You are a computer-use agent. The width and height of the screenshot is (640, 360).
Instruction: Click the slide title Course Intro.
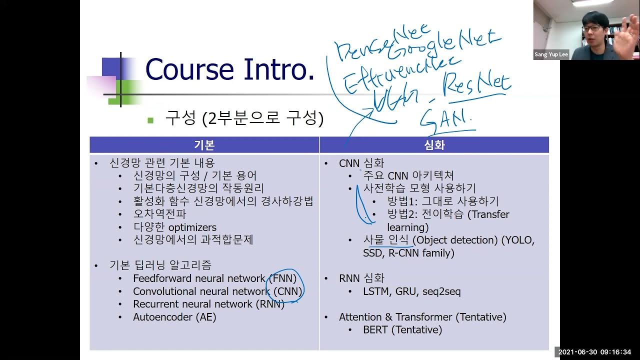(x=229, y=69)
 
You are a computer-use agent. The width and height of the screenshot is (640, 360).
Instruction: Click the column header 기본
(x=204, y=145)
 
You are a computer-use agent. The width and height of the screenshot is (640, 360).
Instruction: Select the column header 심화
(x=434, y=145)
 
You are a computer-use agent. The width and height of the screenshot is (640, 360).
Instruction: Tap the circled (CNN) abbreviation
(x=286, y=291)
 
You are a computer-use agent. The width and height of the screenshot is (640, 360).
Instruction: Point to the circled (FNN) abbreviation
(x=282, y=278)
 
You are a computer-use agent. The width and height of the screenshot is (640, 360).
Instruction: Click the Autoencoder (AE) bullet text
(x=174, y=317)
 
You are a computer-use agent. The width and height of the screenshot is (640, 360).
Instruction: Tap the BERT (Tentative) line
(x=402, y=330)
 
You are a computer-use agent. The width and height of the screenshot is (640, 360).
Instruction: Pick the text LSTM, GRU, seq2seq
(x=412, y=291)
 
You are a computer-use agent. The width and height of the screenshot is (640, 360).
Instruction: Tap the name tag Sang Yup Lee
(x=551, y=54)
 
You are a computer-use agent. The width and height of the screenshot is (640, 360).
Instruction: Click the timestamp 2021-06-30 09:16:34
(x=597, y=352)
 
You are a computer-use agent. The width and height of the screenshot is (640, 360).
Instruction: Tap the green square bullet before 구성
(x=150, y=120)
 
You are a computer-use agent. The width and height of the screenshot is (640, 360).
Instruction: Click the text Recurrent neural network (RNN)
(x=208, y=304)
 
